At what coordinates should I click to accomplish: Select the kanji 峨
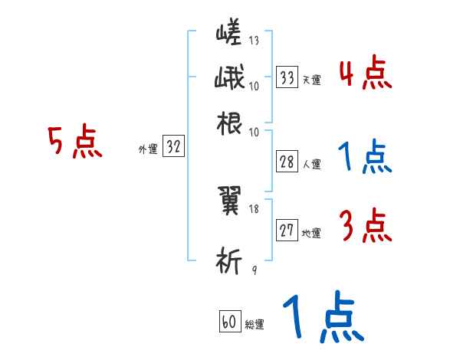pyautogui.click(x=230, y=79)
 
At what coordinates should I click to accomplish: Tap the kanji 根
pyautogui.click(x=230, y=123)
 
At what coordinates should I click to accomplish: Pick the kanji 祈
pyautogui.click(x=231, y=260)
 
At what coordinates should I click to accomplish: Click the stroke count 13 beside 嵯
pyautogui.click(x=253, y=40)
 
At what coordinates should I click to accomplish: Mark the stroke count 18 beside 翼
pyautogui.click(x=254, y=208)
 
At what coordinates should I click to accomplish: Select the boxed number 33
pyautogui.click(x=287, y=77)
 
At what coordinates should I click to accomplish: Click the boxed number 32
pyautogui.click(x=174, y=147)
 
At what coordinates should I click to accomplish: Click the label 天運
pyautogui.click(x=311, y=80)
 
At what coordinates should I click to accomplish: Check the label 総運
pyautogui.click(x=255, y=325)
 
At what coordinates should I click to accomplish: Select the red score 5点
pyautogui.click(x=75, y=142)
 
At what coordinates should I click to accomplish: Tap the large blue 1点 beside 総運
pyautogui.click(x=322, y=318)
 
